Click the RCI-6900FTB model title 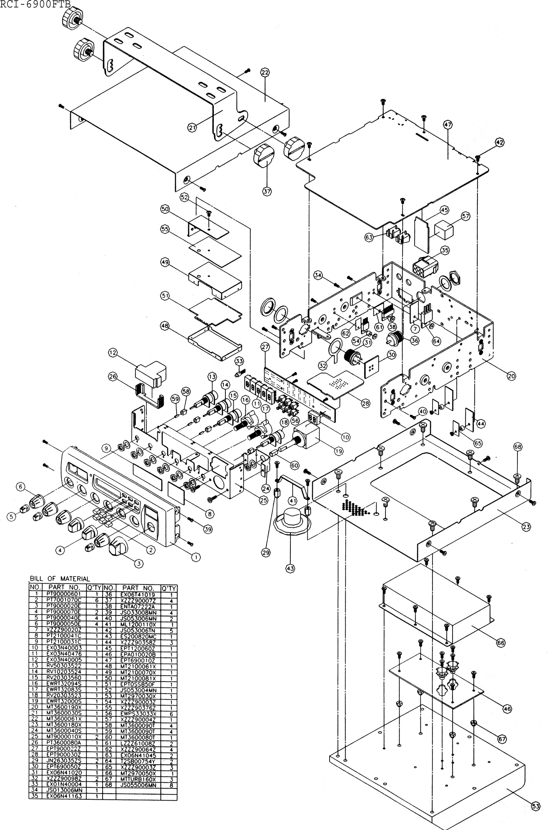coord(35,5)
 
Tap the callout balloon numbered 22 coord(265,72)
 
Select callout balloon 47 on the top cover coord(447,125)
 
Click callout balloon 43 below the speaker coord(290,568)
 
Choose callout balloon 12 coord(113,353)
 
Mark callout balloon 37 coord(267,192)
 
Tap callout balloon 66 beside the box coord(501,643)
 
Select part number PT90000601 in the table coord(63,594)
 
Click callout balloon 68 coord(518,447)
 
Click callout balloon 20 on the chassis coord(511,376)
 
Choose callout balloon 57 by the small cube coord(465,216)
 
